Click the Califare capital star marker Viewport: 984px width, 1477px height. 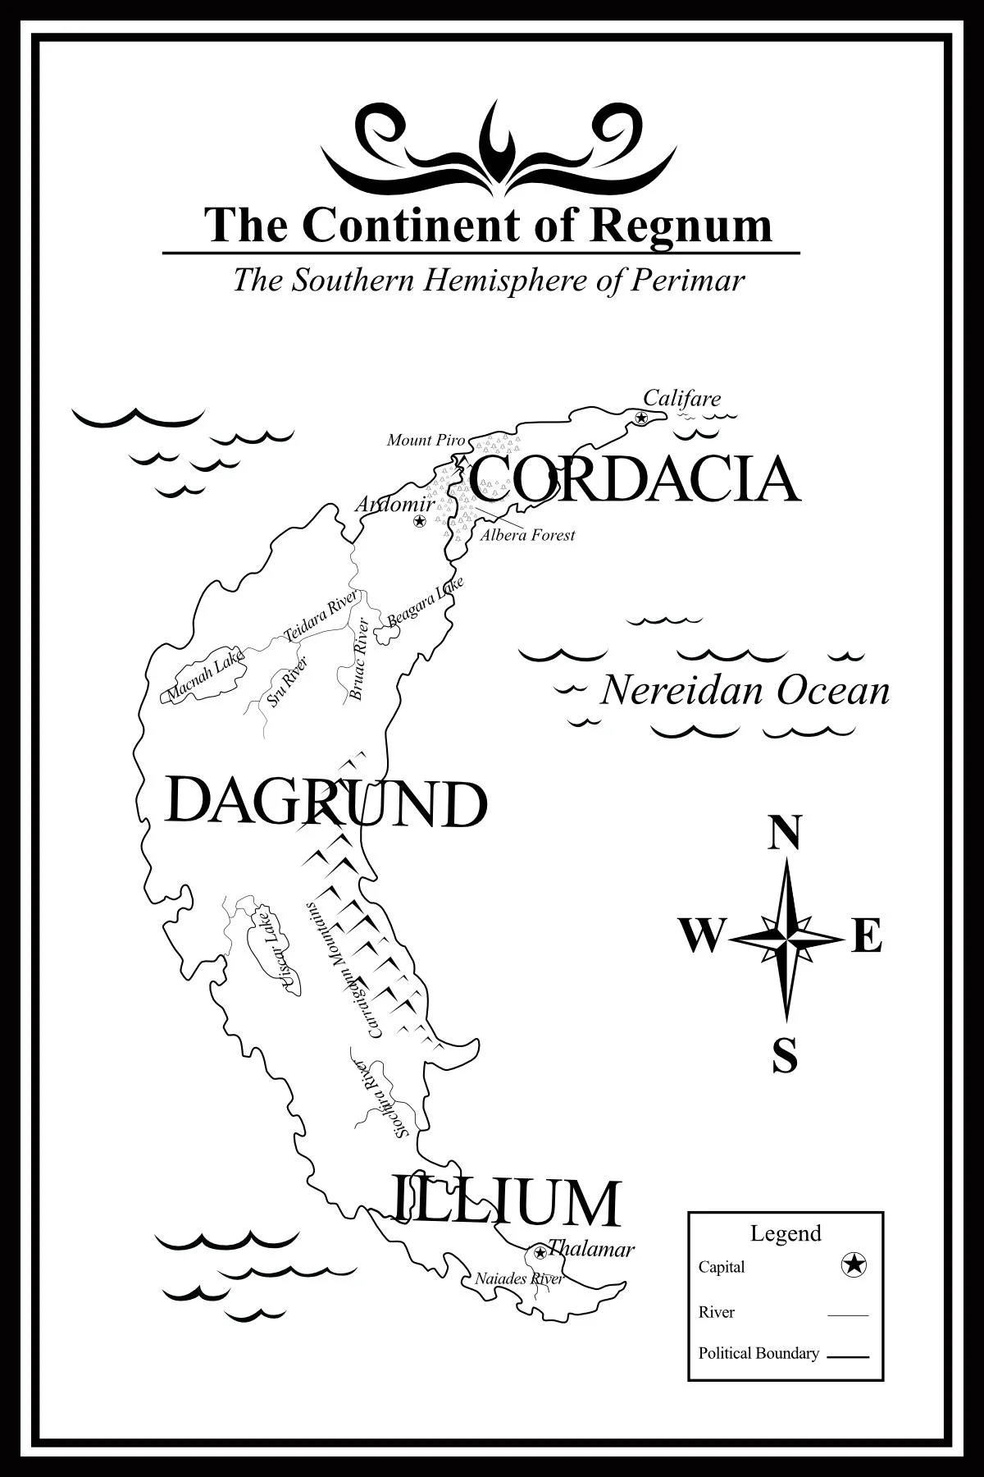641,418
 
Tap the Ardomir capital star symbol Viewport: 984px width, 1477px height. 420,521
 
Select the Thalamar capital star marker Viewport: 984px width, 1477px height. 540,1253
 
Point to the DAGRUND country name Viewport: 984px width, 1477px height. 326,803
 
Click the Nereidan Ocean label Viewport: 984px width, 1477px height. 745,691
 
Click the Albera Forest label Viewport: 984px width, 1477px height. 527,535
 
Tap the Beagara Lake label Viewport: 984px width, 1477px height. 425,602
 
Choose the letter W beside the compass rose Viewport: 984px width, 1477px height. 701,936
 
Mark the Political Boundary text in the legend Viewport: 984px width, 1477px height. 758,1353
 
